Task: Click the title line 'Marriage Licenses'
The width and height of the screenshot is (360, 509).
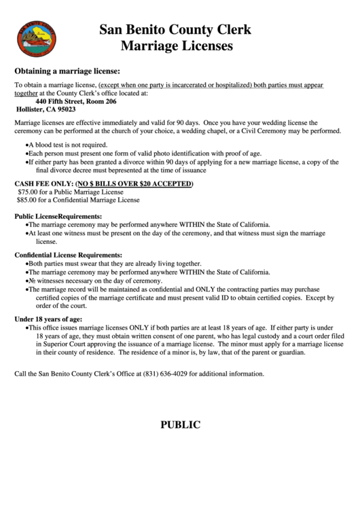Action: (176, 46)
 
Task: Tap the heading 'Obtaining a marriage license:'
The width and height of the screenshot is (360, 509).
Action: (67, 71)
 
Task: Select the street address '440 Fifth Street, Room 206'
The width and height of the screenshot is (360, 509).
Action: (76, 101)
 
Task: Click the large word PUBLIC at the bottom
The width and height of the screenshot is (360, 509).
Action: (180, 425)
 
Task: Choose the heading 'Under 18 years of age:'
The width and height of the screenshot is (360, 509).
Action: (48, 319)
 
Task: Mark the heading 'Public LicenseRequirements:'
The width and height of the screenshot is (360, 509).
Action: (54, 215)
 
